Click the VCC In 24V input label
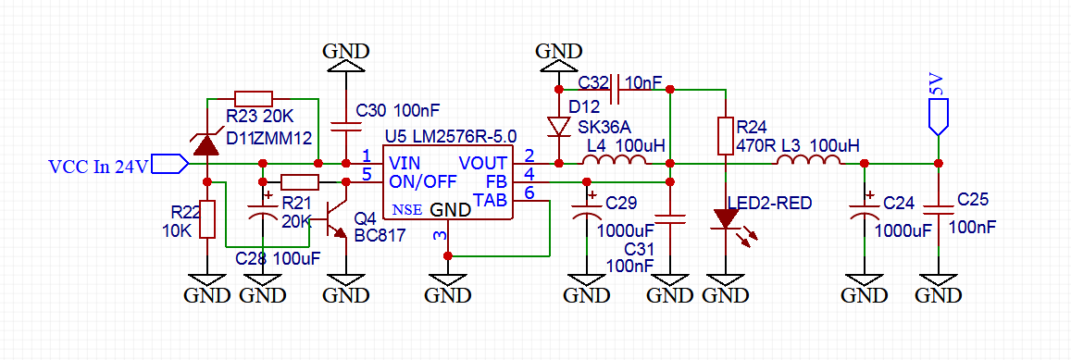point(98,166)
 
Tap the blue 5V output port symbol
point(939,116)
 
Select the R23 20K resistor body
point(254,98)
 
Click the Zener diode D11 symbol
point(207,144)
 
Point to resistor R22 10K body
point(207,218)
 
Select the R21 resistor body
point(299,181)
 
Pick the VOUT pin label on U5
point(482,163)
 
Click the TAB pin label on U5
point(490,200)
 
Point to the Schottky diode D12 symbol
point(559,127)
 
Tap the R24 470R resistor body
point(726,135)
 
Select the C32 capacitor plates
point(614,89)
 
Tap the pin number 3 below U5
point(440,236)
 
